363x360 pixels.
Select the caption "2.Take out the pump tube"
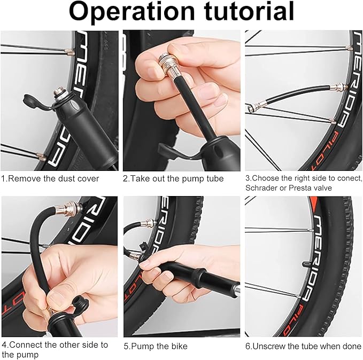[x=174, y=178]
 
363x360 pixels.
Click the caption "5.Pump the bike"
[x=156, y=346]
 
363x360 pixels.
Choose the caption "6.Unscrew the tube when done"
[x=303, y=346]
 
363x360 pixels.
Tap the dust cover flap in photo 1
[x=33, y=102]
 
